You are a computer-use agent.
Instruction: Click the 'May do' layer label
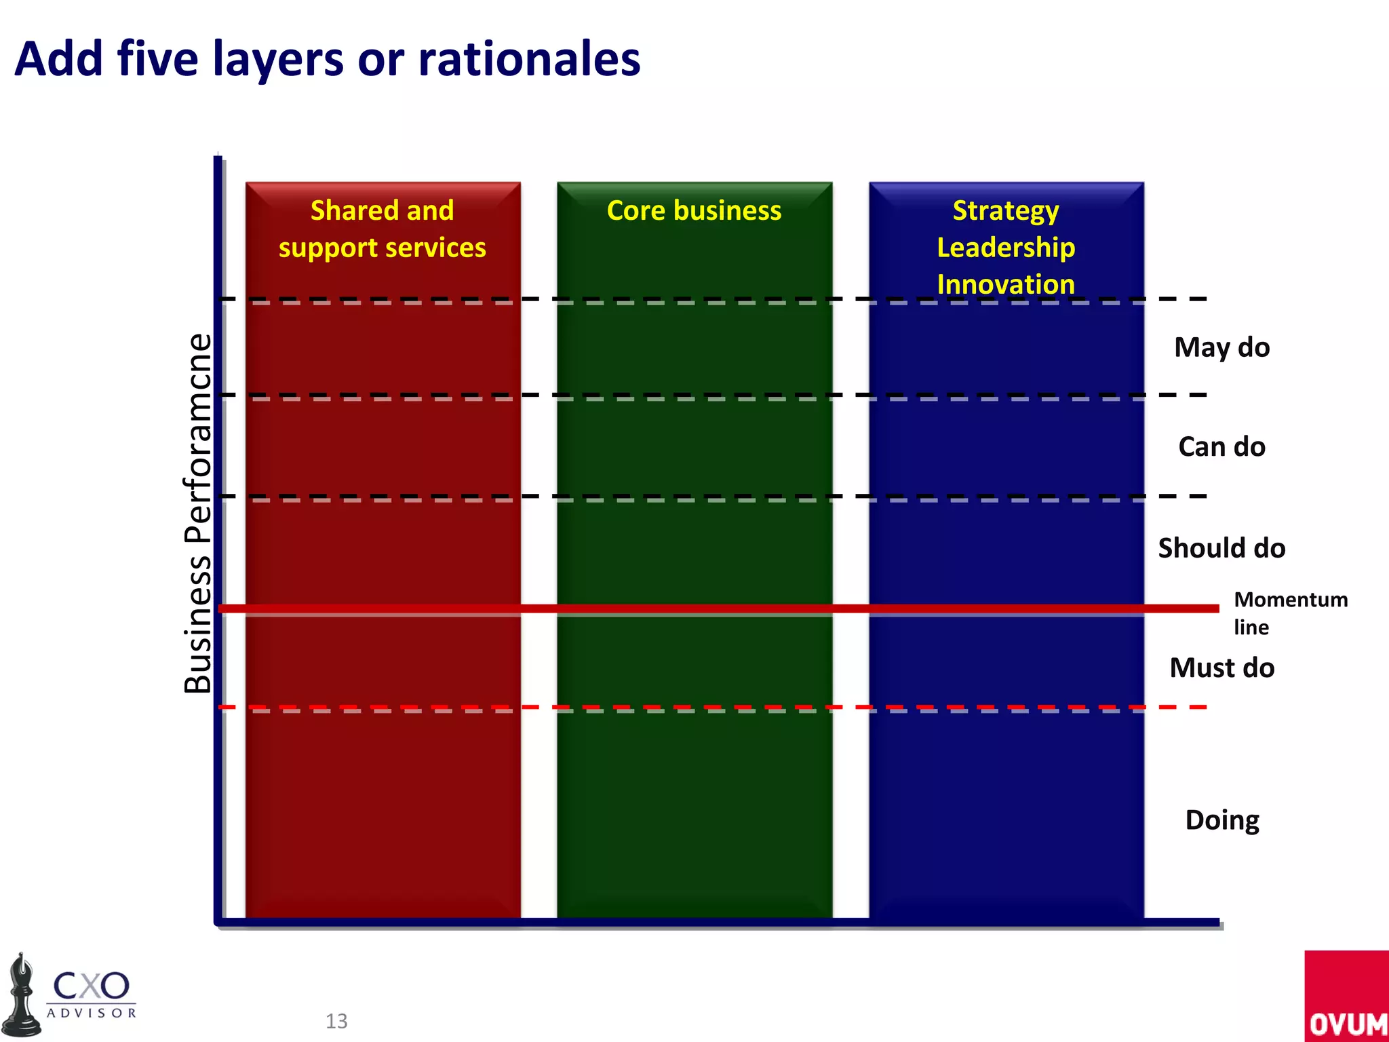1221,347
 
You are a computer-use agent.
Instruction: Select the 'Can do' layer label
1221,447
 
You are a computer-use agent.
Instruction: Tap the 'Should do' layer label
1221,548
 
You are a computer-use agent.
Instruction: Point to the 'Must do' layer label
1221,668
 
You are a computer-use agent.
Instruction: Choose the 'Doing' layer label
1221,820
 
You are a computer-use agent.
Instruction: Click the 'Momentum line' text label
1290,613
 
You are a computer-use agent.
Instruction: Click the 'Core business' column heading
694,211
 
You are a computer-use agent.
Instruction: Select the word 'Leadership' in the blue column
1006,248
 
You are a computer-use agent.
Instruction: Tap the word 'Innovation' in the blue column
1006,284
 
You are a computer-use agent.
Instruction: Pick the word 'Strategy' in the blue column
1006,211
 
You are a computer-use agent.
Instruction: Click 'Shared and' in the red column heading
382,211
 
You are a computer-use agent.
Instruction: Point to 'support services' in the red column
382,248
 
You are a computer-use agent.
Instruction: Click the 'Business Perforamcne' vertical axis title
197,514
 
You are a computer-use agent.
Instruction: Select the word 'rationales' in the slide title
529,59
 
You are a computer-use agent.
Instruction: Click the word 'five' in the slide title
158,59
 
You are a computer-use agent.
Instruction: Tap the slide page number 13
336,1021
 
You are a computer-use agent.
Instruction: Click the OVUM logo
1347,997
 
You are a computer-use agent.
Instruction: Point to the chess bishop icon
22,997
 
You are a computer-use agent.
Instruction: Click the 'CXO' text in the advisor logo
91,986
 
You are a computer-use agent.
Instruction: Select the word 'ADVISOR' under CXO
92,1013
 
